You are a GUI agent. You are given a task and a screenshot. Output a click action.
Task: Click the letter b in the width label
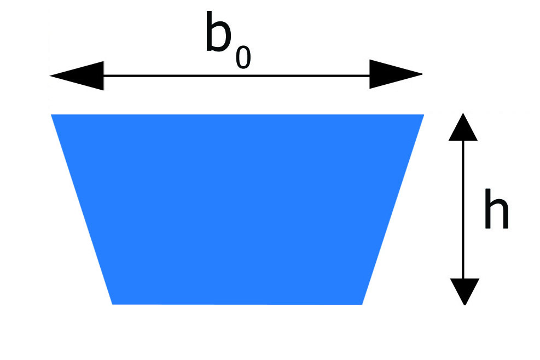point(218,32)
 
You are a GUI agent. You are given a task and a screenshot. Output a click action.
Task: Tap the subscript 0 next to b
point(243,57)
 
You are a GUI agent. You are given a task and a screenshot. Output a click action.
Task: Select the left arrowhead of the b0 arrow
point(77,76)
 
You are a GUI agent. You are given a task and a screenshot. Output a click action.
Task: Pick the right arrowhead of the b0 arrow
point(396,74)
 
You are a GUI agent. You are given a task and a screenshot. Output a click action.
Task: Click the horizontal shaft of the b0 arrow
point(236,76)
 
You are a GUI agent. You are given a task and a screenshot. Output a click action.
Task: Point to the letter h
point(496,209)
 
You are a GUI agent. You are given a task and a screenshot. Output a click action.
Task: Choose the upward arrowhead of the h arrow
point(463,127)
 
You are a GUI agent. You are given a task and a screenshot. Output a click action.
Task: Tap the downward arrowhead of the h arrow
point(464,292)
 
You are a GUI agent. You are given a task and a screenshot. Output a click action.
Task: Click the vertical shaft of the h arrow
point(463,210)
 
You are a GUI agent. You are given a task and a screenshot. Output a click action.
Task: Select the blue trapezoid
point(237,209)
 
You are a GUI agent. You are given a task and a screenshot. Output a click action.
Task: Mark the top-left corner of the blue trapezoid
point(51,114)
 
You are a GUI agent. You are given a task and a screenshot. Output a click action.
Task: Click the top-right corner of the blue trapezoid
point(423,114)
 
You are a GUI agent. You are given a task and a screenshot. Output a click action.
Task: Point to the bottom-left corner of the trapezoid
point(113,304)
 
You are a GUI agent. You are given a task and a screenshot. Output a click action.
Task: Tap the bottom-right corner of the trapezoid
point(362,305)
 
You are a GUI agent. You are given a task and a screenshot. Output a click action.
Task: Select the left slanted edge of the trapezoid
point(82,209)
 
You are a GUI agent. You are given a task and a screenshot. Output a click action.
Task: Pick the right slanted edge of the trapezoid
point(393,209)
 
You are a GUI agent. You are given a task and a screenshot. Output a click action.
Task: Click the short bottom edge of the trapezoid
point(237,304)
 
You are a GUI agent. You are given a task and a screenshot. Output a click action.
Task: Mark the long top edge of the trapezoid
point(237,115)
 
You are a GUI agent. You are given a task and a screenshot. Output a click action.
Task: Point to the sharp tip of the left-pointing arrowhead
point(50,76)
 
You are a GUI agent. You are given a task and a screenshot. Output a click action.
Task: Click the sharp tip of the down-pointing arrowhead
point(464,305)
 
